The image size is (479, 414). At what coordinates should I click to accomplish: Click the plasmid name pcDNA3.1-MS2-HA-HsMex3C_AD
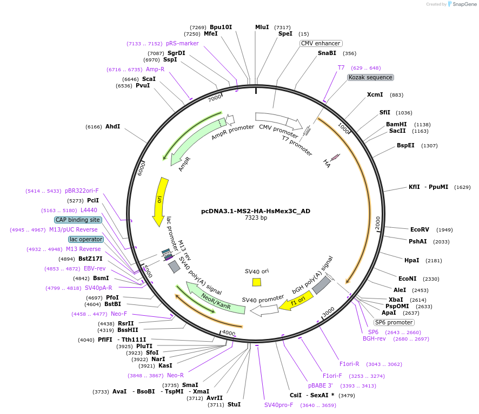[256, 211]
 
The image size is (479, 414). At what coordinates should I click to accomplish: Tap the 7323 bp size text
[256, 218]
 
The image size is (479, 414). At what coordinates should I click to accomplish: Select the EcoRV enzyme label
[420, 229]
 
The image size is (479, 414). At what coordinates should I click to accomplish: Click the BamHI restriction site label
[396, 124]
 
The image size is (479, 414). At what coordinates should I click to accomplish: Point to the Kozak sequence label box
[370, 77]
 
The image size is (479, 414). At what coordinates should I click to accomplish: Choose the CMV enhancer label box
[321, 43]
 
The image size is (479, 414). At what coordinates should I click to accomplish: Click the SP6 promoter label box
[394, 322]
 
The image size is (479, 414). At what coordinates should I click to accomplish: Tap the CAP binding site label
[78, 220]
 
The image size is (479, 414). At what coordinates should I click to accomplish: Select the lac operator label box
[86, 239]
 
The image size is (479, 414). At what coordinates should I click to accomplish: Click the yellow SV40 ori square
[257, 282]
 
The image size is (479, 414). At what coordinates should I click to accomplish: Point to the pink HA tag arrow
[335, 157]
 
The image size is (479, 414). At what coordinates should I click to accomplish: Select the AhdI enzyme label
[113, 126]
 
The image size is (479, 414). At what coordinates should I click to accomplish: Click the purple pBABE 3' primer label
[321, 385]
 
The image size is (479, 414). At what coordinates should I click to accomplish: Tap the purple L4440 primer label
[89, 210]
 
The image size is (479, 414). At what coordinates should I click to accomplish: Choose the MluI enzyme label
[262, 27]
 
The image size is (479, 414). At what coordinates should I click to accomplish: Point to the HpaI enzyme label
[411, 260]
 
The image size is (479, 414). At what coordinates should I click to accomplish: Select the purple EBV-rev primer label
[95, 268]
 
